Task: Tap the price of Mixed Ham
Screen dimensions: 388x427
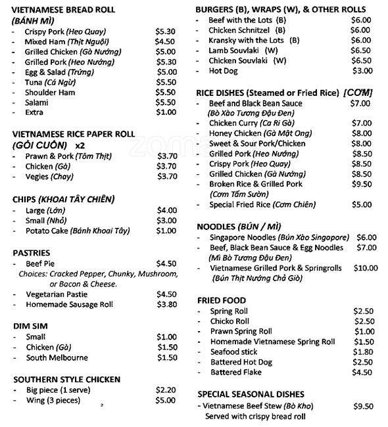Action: (x=164, y=41)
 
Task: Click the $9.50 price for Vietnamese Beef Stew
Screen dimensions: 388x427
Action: (x=363, y=406)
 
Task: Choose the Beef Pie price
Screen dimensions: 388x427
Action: (x=166, y=263)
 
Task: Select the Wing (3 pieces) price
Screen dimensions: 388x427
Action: (x=166, y=400)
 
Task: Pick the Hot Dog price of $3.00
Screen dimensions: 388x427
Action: (x=362, y=71)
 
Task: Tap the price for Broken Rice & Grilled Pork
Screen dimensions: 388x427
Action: (x=361, y=185)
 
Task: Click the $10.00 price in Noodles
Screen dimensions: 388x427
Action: (x=366, y=268)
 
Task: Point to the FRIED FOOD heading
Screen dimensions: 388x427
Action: (x=222, y=300)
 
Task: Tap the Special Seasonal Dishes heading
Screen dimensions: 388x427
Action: (x=251, y=393)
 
